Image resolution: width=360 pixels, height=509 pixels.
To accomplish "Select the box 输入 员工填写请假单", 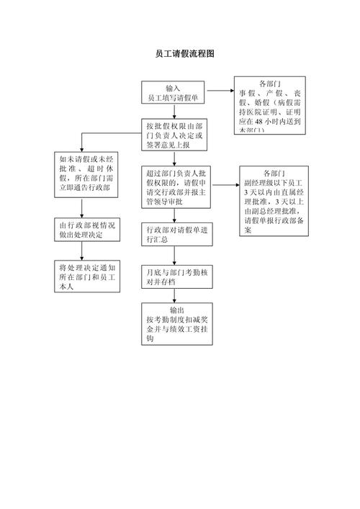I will point(173,92).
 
